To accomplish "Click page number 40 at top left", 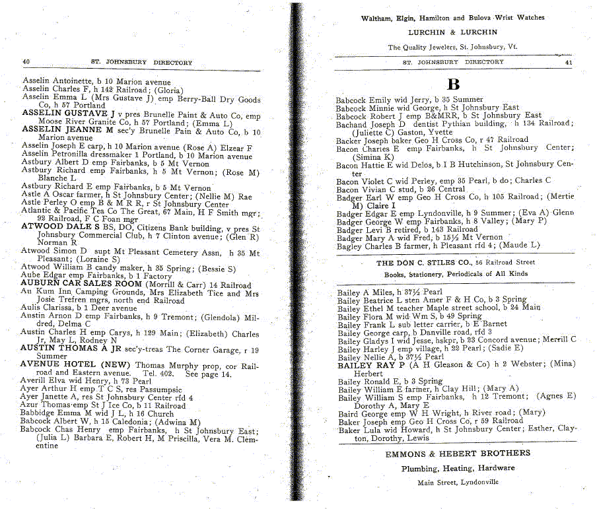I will coord(26,63).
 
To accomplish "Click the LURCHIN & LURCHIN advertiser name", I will coord(452,32).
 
